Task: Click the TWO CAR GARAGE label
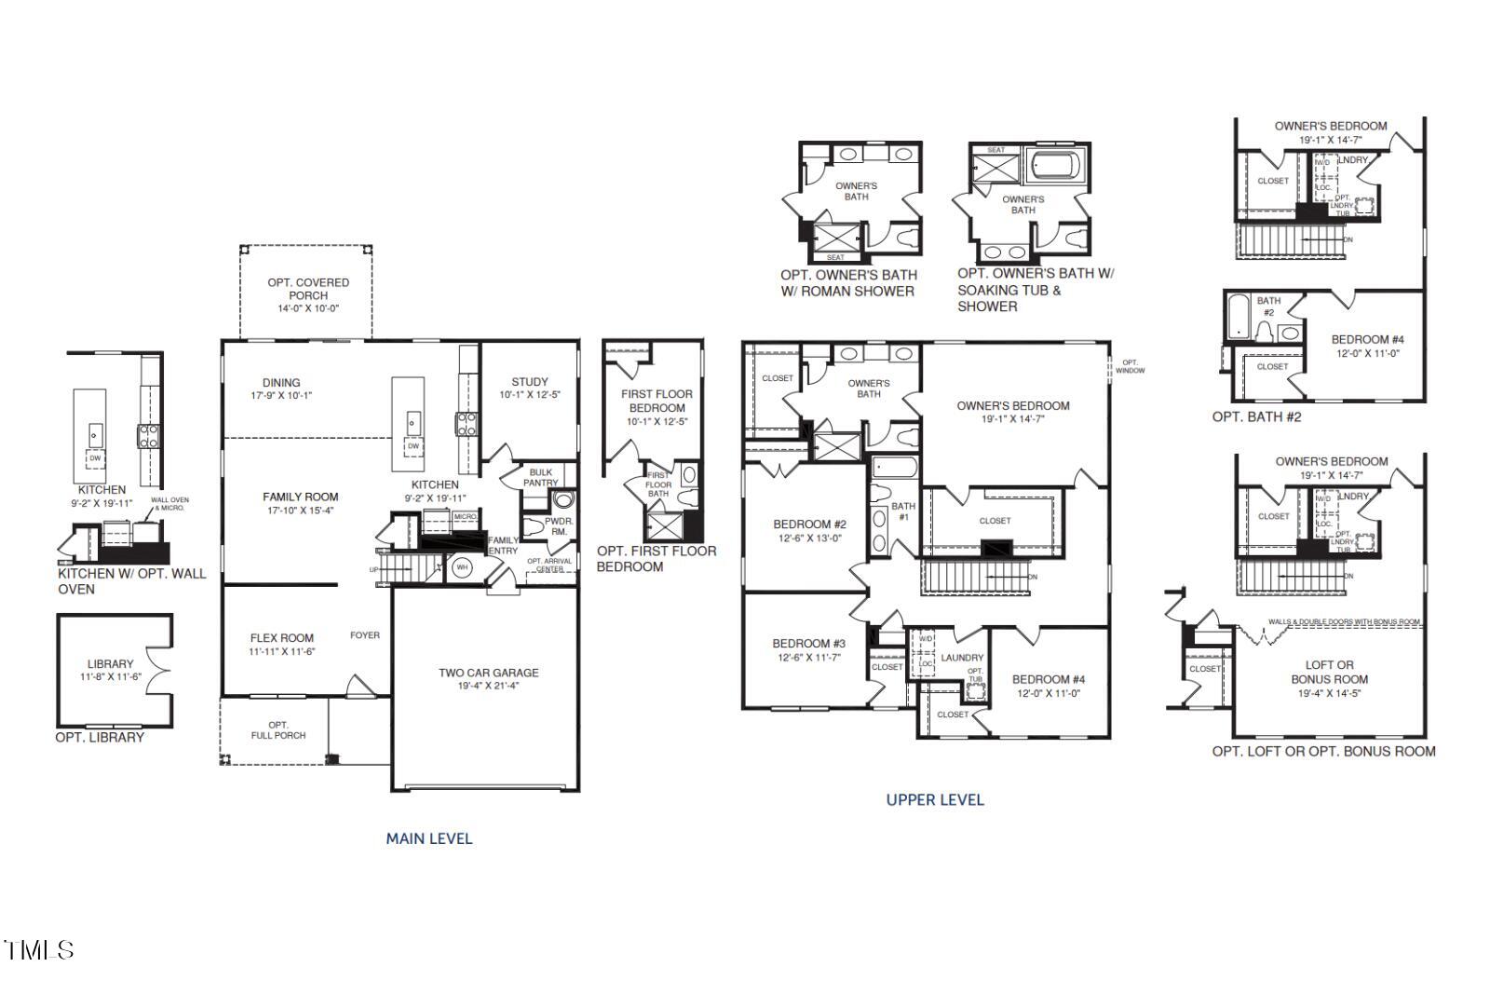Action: point(488,673)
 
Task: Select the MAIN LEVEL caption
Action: point(429,838)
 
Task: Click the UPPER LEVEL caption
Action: point(934,799)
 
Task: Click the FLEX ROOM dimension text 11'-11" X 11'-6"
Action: point(282,652)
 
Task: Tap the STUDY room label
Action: point(529,382)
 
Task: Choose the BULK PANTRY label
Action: point(540,477)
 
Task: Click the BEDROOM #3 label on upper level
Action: point(808,644)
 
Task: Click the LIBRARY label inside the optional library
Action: point(111,664)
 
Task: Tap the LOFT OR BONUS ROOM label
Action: point(1329,672)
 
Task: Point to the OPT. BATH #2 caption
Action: point(1256,416)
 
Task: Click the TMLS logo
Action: point(39,950)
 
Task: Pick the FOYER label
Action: point(365,635)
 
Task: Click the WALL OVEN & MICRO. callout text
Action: point(169,504)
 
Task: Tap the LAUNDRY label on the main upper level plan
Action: point(962,658)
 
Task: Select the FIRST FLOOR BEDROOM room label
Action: point(657,401)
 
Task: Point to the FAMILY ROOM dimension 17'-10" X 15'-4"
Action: point(300,511)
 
